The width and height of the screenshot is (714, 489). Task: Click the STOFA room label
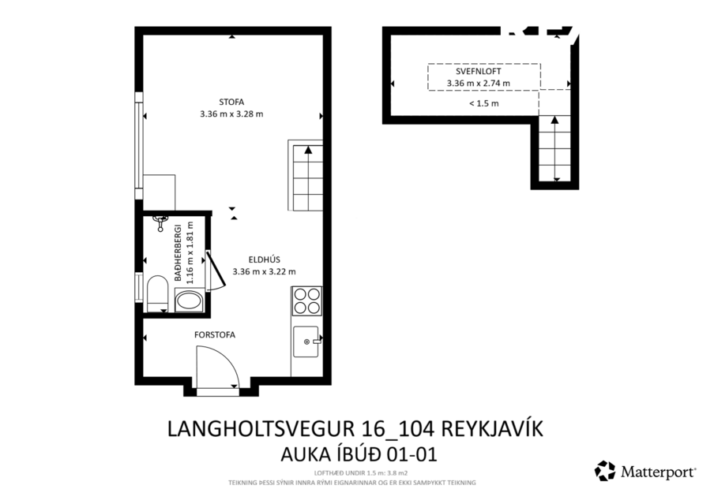pyautogui.click(x=231, y=101)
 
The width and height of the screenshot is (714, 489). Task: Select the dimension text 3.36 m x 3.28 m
pyautogui.click(x=231, y=114)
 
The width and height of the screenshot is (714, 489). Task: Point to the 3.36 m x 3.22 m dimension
pyautogui.click(x=264, y=271)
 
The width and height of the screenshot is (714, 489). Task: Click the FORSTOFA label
pyautogui.click(x=215, y=334)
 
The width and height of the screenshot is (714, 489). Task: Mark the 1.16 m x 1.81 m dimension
pyautogui.click(x=190, y=255)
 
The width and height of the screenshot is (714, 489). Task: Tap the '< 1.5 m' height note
pyautogui.click(x=483, y=103)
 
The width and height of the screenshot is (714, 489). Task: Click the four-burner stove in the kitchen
pyautogui.click(x=307, y=300)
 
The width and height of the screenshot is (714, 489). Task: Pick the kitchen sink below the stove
pyautogui.click(x=307, y=342)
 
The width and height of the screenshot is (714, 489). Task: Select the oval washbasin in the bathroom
pyautogui.click(x=188, y=300)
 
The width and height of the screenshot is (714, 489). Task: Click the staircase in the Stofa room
pyautogui.click(x=306, y=177)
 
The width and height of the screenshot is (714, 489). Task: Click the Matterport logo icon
pyautogui.click(x=605, y=471)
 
